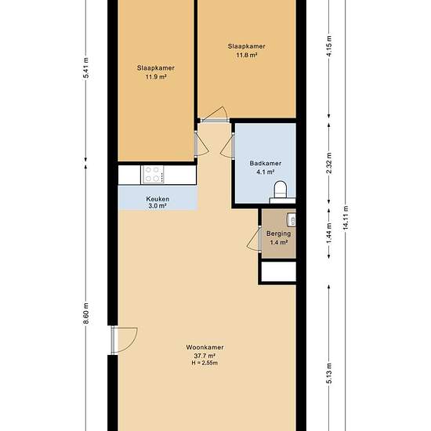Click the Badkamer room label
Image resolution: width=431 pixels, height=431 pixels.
[x=265, y=163]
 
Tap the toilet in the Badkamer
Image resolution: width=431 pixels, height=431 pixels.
[x=281, y=190]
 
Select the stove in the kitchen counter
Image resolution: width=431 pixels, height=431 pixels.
[x=152, y=175]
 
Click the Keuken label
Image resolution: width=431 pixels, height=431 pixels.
[x=158, y=199]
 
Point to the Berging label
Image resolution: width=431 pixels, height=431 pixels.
[x=278, y=234]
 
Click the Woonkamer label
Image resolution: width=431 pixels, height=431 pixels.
[x=205, y=347]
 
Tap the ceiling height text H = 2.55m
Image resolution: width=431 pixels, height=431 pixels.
[x=205, y=363]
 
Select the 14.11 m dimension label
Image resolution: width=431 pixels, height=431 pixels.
[x=346, y=218]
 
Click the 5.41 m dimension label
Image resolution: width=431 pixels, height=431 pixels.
[x=86, y=68]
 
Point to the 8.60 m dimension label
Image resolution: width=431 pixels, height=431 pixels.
[x=86, y=313]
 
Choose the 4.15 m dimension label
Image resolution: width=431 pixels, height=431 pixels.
[x=329, y=46]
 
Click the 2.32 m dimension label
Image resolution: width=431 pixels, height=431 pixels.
[x=329, y=163]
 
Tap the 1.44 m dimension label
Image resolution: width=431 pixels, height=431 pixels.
[x=329, y=233]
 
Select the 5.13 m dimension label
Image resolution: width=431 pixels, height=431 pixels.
[x=329, y=373]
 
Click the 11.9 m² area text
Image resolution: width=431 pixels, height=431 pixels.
[x=156, y=77]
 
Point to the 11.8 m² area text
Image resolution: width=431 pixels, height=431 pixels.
[x=247, y=55]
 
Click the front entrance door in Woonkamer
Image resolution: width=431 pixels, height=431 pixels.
[x=125, y=340]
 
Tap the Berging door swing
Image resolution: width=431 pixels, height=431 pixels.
[x=253, y=239]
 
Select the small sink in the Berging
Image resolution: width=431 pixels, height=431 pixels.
[x=292, y=219]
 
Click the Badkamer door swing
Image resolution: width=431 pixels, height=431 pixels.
[x=226, y=147]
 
